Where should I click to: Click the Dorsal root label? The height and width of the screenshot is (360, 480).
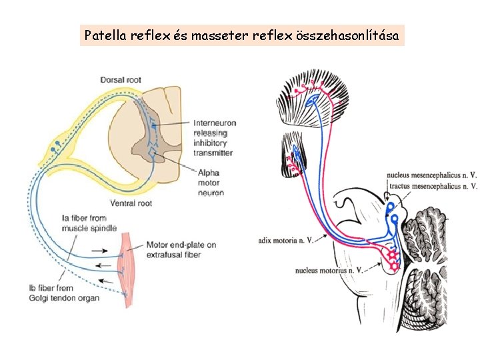click(121, 80)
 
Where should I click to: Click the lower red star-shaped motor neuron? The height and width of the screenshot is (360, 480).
click(394, 266)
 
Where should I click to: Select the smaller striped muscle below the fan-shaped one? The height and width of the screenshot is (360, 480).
click(294, 154)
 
